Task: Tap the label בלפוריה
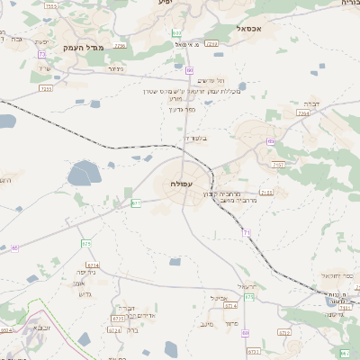194,138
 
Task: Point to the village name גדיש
87,293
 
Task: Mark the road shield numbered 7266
211,42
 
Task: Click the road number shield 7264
303,114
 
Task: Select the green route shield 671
136,203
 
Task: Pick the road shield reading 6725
118,318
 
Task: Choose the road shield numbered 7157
278,165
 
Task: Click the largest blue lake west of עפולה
85,171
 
